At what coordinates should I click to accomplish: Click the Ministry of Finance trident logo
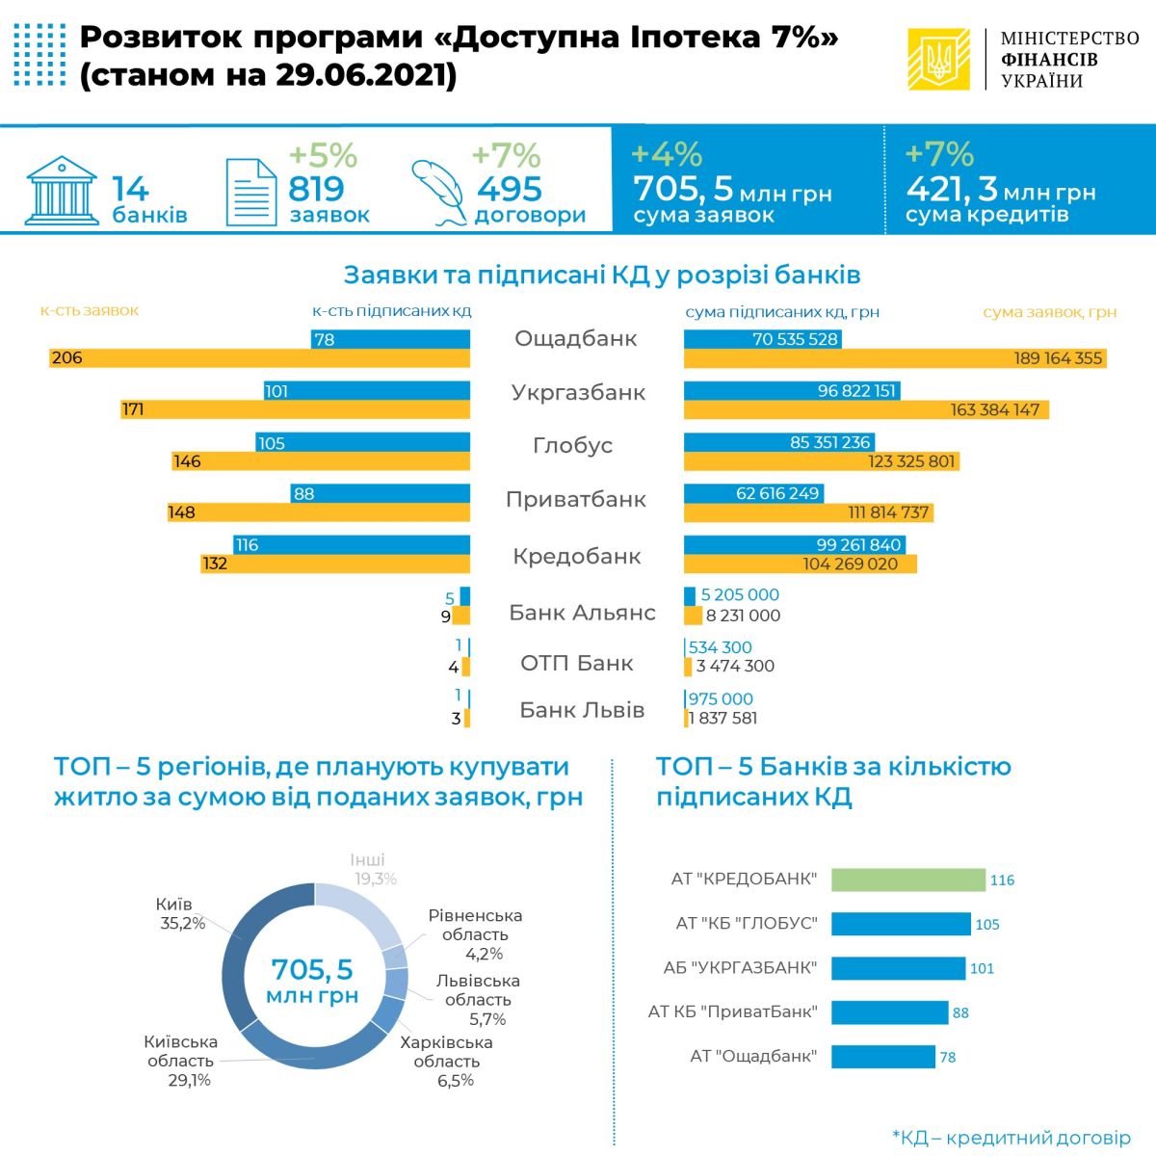938,60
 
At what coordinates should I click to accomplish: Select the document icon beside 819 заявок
250,192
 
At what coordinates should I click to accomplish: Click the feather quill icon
438,191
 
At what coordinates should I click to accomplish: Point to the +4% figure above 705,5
667,154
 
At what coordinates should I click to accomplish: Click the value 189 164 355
1058,358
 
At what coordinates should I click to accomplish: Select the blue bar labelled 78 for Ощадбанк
390,339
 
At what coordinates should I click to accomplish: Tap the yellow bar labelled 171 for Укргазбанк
296,409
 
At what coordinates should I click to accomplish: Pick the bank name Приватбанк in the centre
576,500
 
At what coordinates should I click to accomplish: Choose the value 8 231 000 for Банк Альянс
743,616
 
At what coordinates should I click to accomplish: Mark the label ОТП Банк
576,664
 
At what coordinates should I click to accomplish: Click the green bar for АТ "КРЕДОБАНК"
907,880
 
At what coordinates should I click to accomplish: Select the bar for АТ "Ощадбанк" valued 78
882,1057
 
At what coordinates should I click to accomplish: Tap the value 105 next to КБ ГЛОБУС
987,925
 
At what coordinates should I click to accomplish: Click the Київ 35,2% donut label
180,914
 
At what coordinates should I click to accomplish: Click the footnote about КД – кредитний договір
1011,1138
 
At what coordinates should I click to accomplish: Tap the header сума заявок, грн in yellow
1049,312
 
